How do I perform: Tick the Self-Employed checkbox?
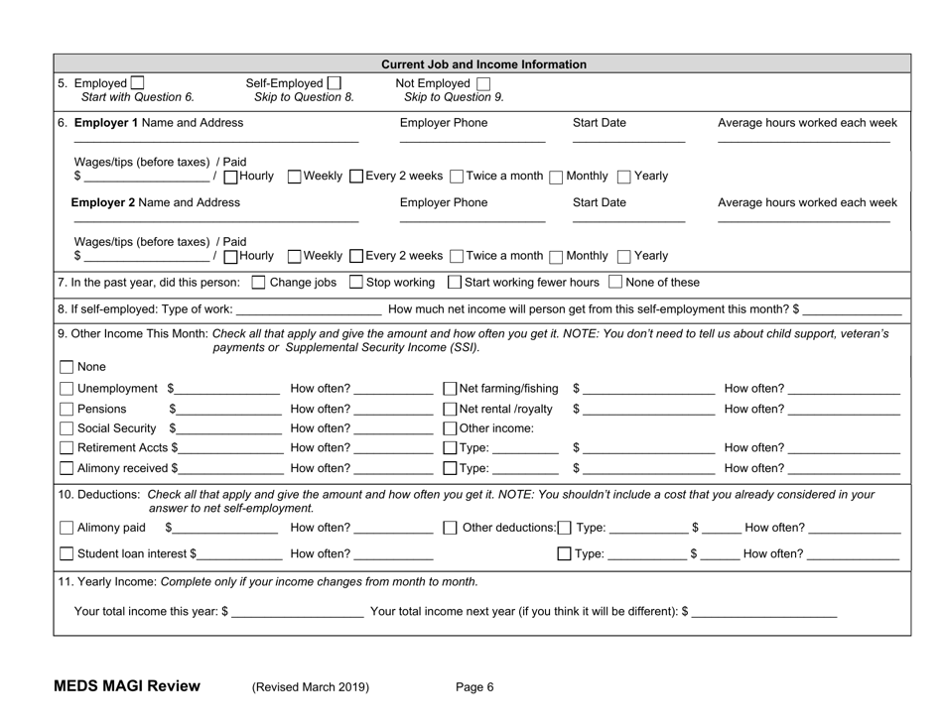pos(335,81)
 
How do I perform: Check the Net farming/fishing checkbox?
pos(451,387)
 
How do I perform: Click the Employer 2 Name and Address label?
pos(156,203)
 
